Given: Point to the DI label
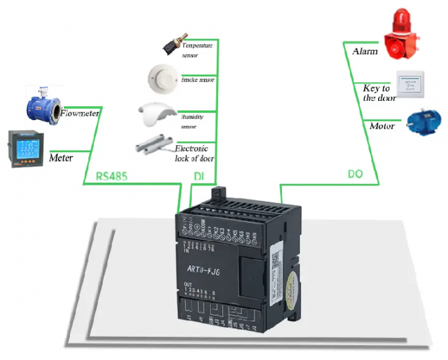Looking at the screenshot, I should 198,176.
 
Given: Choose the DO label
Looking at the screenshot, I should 355,175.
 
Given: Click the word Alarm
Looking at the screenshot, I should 364,51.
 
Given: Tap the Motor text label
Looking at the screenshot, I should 381,126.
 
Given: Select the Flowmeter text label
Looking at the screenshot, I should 80,113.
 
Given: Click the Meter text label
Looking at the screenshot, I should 61,158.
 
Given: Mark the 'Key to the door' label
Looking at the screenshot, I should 379,93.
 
